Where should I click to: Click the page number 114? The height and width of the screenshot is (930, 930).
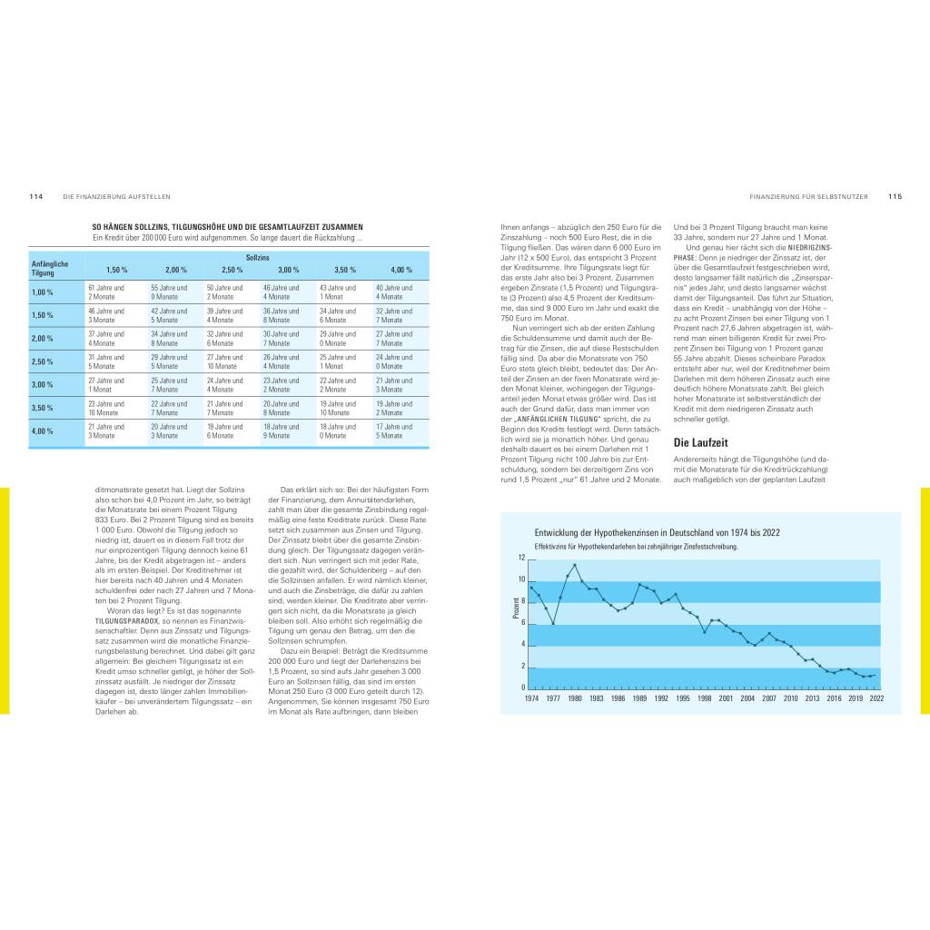pos(36,196)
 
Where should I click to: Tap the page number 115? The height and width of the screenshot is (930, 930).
pos(895,196)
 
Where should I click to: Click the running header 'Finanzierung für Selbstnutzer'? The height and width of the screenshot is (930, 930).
pos(808,196)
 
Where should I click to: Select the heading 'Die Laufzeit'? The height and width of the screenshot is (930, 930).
pos(700,443)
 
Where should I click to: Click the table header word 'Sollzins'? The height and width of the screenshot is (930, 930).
pos(258,258)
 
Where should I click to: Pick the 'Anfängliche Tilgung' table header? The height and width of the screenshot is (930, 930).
pos(45,269)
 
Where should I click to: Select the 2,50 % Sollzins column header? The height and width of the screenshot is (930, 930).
pos(232,271)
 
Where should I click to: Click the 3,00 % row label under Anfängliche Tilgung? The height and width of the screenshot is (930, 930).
pos(43,385)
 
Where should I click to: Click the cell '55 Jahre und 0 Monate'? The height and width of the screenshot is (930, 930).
pos(169,292)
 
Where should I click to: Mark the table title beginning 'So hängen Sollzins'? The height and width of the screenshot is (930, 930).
pos(227,227)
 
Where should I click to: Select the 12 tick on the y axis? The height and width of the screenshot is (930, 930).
pos(521,558)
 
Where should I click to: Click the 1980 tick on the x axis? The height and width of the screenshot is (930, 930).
pos(575,698)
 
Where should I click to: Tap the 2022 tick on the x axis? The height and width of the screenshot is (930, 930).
pos(876,698)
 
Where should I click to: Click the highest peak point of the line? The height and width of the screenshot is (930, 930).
pos(575,565)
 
